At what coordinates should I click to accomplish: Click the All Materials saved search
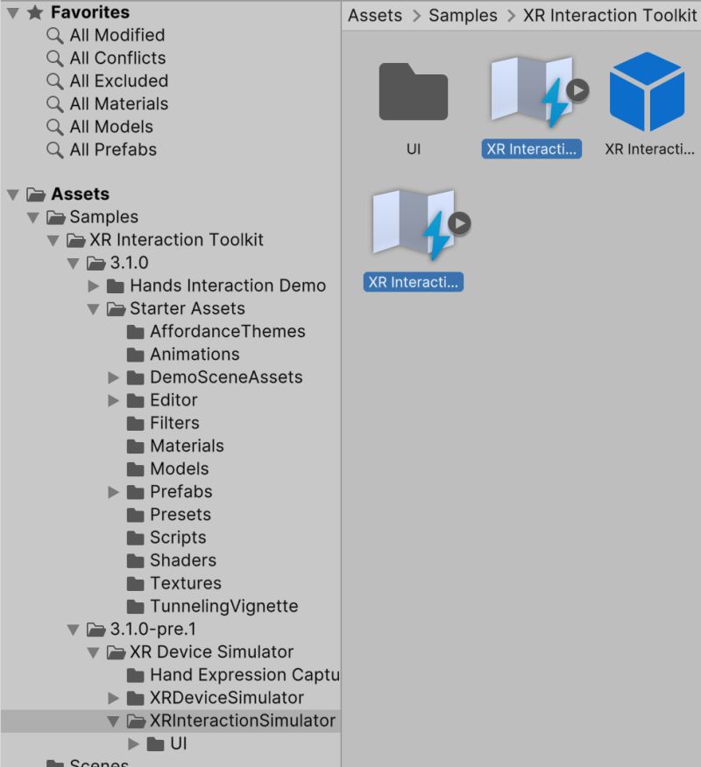[x=118, y=103]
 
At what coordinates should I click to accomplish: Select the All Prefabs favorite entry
[x=113, y=149]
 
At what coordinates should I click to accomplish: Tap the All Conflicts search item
[x=117, y=58]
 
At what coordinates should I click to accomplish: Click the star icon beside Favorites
[x=36, y=12]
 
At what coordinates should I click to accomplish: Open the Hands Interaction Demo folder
[x=227, y=285]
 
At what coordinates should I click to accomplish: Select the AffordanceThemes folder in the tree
[x=227, y=331]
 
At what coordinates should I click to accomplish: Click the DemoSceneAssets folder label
[x=226, y=376]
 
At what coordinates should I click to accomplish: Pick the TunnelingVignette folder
[x=223, y=606]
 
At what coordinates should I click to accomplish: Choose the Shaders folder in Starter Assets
[x=182, y=560]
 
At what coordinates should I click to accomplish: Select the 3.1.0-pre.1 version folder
[x=159, y=629]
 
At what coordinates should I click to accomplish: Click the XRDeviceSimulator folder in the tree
[x=226, y=698]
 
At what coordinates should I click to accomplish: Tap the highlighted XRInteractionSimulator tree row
[x=242, y=721]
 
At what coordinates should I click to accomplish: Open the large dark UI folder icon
[x=414, y=92]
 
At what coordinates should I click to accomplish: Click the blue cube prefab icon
[x=647, y=92]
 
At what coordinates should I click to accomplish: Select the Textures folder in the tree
[x=185, y=583]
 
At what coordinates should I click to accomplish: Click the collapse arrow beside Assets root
[x=12, y=194]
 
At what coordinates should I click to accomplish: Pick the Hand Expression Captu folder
[x=244, y=675]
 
